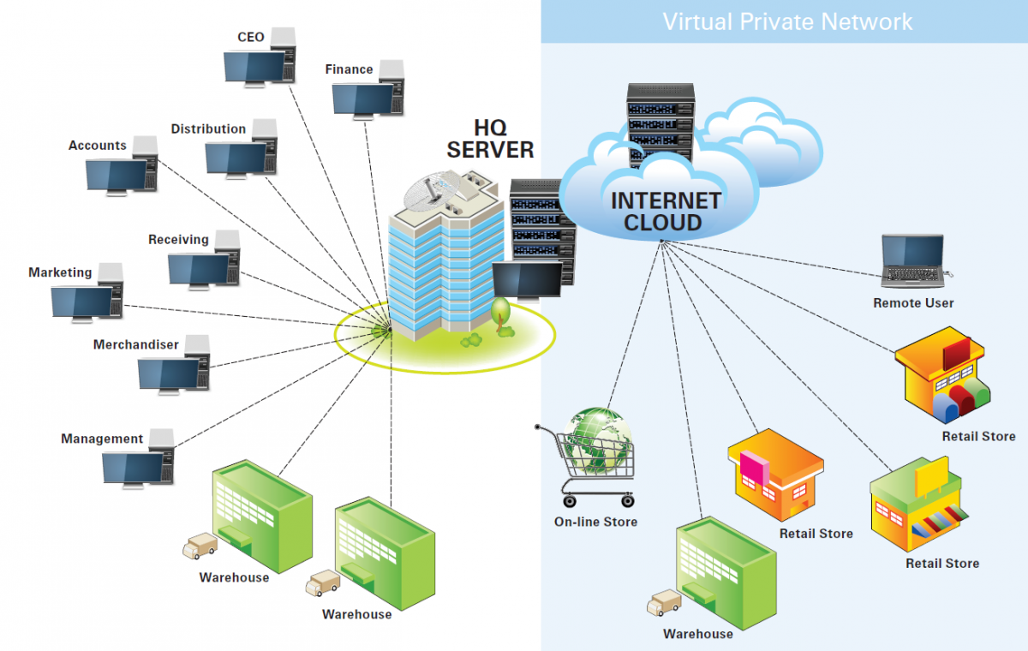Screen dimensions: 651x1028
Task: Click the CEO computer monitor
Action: [254, 67]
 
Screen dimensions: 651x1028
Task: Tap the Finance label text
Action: [349, 69]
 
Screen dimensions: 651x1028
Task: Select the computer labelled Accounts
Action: [117, 174]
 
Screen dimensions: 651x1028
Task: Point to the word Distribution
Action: [208, 128]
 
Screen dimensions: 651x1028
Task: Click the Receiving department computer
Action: [199, 268]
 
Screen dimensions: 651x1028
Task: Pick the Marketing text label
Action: [60, 272]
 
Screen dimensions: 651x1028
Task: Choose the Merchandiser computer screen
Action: [169, 374]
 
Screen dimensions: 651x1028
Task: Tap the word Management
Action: [102, 439]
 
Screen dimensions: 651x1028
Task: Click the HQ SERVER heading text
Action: [490, 138]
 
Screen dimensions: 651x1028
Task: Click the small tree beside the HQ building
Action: [501, 312]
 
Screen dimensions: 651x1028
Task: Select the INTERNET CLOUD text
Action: [665, 212]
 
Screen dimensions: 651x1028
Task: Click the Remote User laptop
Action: [914, 261]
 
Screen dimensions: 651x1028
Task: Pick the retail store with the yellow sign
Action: [917, 505]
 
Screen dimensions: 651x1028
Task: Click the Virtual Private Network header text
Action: [787, 21]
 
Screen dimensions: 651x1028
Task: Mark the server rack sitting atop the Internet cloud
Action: [659, 120]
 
